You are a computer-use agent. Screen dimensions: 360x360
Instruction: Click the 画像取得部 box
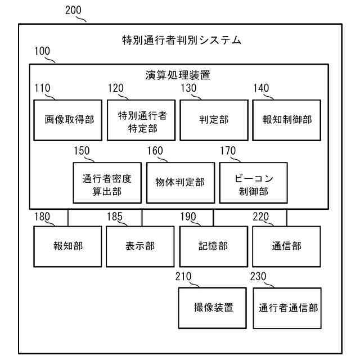(x=68, y=120)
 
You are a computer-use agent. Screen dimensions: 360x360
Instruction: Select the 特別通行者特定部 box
(x=141, y=120)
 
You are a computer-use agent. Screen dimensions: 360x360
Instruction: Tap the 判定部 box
(x=214, y=120)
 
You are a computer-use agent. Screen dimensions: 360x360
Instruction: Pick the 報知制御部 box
(x=287, y=120)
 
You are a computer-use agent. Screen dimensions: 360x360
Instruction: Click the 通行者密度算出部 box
(x=107, y=182)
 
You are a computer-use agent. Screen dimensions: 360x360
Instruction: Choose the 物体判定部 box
(x=180, y=182)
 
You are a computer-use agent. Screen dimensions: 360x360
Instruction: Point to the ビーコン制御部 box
(x=253, y=182)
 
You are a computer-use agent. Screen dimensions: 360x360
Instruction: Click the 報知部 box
(x=68, y=246)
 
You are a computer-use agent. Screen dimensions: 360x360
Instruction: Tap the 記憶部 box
(x=214, y=246)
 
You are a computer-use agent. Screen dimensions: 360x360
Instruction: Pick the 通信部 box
(x=287, y=246)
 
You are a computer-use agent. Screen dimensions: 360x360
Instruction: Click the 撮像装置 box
(x=214, y=307)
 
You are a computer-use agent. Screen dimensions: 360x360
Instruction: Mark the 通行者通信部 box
(x=287, y=308)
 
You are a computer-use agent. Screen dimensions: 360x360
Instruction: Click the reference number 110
(x=42, y=88)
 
